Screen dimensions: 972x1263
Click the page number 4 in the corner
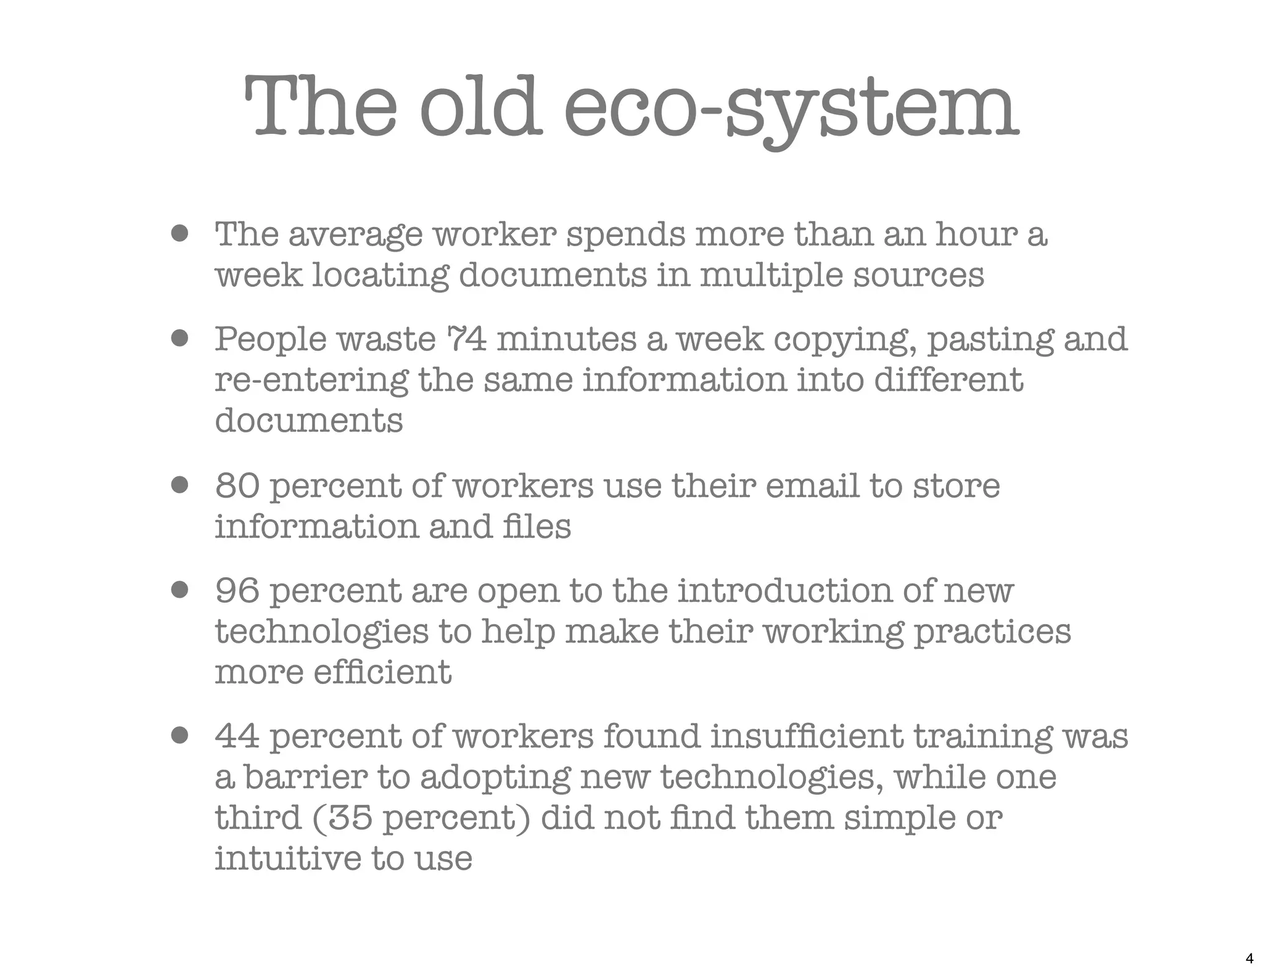[1249, 958]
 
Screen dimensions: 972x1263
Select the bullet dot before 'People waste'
[179, 339]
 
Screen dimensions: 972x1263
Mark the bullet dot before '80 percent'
[179, 485]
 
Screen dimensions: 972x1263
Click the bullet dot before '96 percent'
[179, 590]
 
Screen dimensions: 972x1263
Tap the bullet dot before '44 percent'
[179, 736]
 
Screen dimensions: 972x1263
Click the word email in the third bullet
[812, 486]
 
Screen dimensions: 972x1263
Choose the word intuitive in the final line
[288, 858]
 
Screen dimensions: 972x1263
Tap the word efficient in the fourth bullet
[382, 672]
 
